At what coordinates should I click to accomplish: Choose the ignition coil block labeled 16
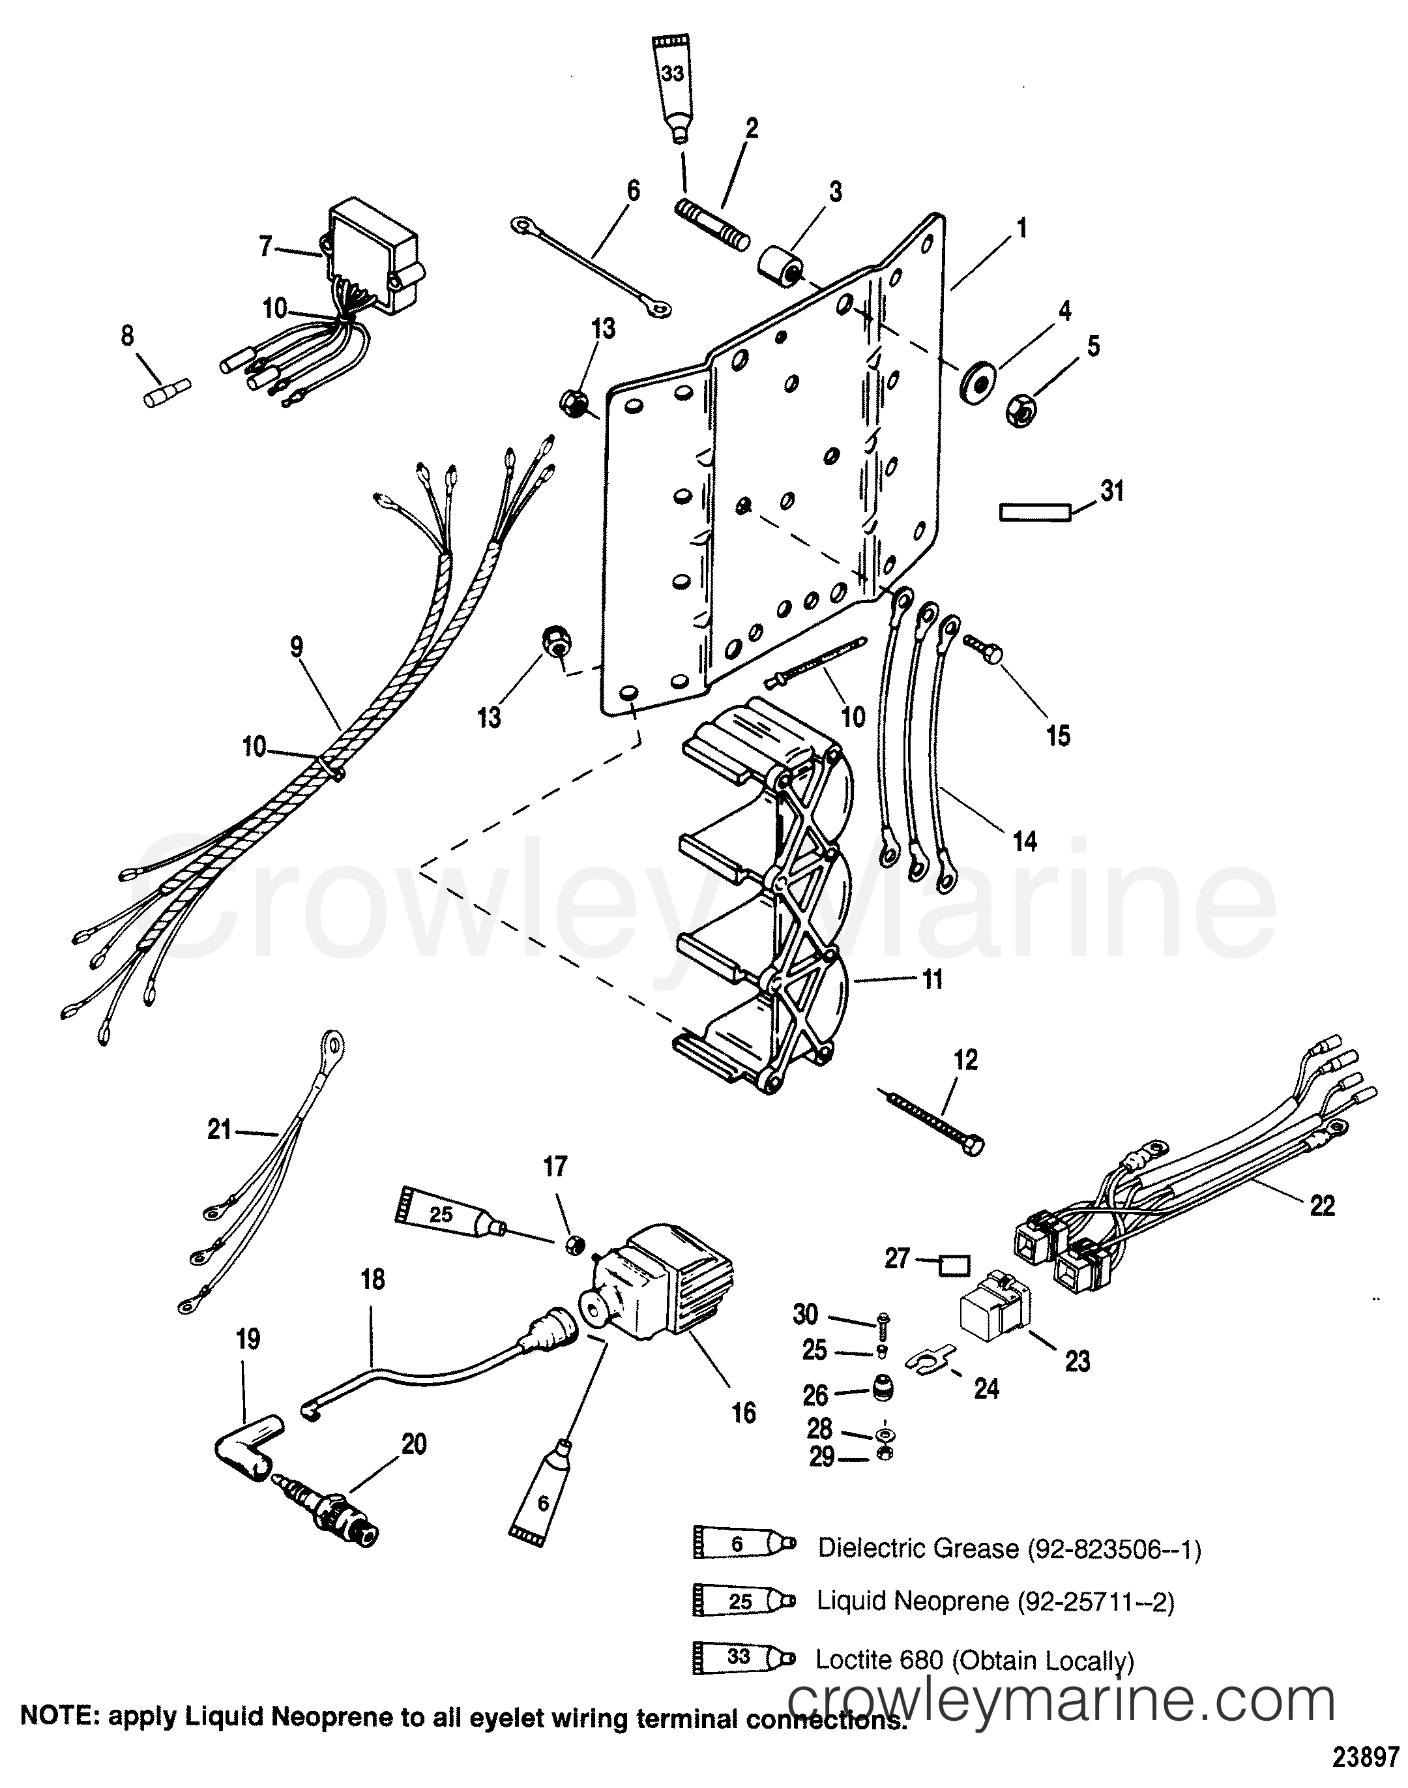click(654, 1289)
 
